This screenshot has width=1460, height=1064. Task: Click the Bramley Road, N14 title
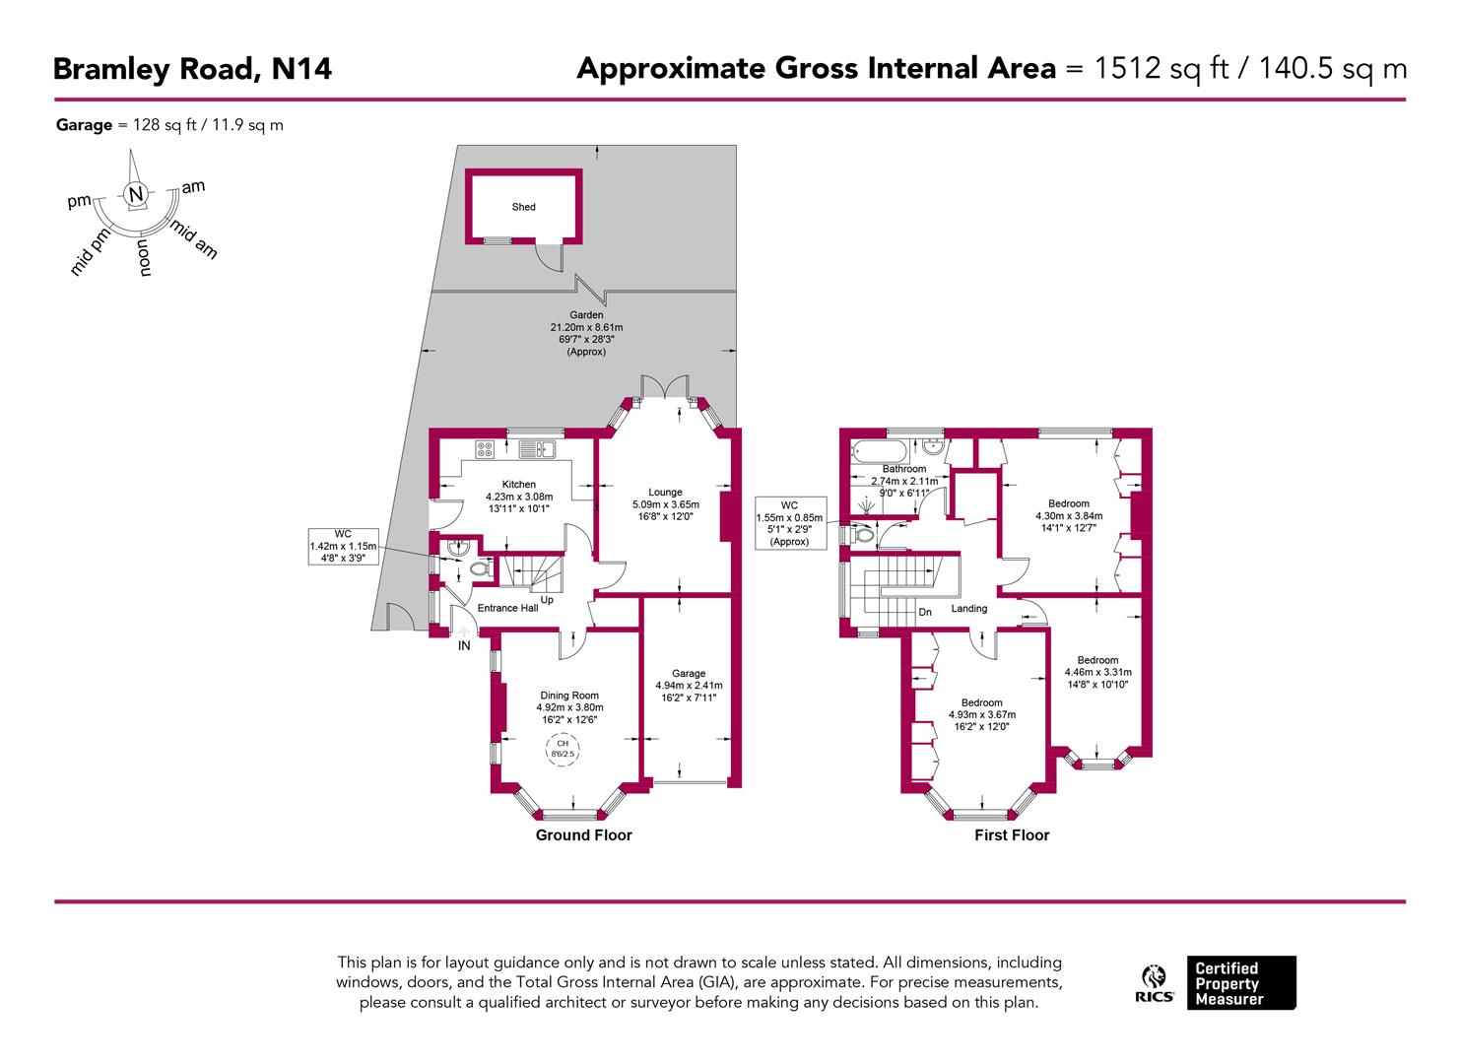coord(192,69)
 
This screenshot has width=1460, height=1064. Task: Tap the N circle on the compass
coord(136,194)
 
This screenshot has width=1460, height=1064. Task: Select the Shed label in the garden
coord(523,207)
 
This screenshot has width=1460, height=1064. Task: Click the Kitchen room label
coord(519,484)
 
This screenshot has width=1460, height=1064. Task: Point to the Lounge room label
coord(665,493)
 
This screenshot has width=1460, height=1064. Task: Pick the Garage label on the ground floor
coord(689,674)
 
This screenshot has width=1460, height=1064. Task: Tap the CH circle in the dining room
coord(563,748)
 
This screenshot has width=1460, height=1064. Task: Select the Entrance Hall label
coord(507,608)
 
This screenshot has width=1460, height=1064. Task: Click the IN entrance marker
coord(463,646)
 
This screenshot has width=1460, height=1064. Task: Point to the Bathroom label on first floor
coord(903,469)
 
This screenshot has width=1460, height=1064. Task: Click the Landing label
coord(968,609)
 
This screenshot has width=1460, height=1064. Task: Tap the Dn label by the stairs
coord(925,612)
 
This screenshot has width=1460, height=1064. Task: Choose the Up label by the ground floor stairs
coord(547,600)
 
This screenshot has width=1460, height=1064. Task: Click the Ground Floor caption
coord(583,835)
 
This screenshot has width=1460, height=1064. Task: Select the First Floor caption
coord(1012,835)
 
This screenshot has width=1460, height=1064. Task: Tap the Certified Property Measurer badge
coord(1240,983)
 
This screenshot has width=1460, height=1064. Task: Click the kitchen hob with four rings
coord(484,449)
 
